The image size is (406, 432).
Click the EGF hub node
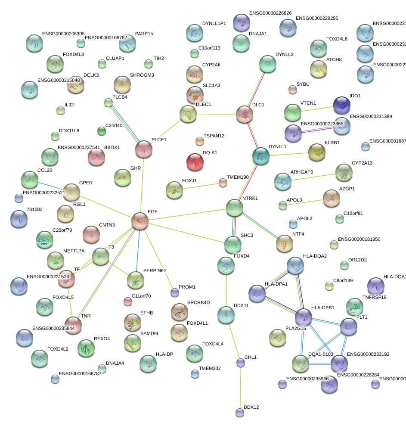tap(140, 221)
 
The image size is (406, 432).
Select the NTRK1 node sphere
tap(234, 208)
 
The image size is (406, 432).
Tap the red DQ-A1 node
tap(195, 162)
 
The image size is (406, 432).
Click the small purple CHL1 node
tap(241, 363)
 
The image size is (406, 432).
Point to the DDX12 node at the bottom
tap(240, 413)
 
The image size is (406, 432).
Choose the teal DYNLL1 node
tap(260, 156)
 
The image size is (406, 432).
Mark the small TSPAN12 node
tap(199, 141)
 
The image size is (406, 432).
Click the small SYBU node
tap(293, 90)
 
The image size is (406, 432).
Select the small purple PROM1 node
tap(174, 293)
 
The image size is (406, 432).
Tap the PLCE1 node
tap(143, 149)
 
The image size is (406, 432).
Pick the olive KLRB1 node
tap(317, 152)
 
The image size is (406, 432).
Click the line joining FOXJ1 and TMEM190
tap(201, 186)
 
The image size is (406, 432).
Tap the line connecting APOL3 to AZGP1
tap(306, 201)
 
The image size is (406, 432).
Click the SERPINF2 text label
tap(155, 270)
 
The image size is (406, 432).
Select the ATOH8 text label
tap(334, 59)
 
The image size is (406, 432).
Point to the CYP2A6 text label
tap(211, 65)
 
